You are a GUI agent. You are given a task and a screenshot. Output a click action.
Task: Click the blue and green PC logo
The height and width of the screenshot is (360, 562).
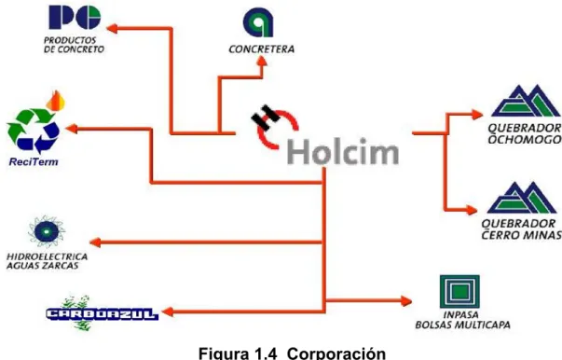coord(75,17)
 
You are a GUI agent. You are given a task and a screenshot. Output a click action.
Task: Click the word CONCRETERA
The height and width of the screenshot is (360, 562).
coord(261,49)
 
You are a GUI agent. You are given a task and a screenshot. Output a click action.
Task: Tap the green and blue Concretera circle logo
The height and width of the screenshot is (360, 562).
coord(258,22)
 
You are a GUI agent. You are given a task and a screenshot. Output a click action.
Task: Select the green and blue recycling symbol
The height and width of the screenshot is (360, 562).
coord(33,131)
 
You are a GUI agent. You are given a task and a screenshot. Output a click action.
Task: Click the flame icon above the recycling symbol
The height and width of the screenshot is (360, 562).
coord(56,101)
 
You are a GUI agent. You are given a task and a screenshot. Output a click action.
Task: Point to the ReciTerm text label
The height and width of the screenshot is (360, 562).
coord(34,161)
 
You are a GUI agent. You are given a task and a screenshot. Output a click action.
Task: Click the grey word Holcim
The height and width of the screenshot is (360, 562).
coord(343,152)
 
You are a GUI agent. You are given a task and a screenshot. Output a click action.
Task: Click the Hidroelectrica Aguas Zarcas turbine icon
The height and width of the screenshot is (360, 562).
coord(47,231)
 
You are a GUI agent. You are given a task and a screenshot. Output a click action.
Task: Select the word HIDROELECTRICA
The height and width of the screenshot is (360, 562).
coord(47,256)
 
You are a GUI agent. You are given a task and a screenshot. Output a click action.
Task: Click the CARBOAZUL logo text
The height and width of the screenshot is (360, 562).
coord(103,314)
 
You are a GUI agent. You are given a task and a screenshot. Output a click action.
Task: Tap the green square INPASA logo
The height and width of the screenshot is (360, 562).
coord(459,292)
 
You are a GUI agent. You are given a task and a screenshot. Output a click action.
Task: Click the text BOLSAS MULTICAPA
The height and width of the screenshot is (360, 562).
coord(462,325)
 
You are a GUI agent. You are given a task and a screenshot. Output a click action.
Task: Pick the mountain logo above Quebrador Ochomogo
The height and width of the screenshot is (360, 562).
coord(526,101)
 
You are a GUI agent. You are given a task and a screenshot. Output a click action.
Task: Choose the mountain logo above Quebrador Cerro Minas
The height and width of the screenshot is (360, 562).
coord(522,198)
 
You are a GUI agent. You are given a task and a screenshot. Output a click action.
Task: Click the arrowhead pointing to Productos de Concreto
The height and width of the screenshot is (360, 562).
coord(112,28)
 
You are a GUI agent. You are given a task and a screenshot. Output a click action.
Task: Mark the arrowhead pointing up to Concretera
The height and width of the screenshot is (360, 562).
coord(262,61)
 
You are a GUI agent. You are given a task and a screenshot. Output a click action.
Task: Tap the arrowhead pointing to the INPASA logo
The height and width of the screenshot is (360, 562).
coord(406,301)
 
